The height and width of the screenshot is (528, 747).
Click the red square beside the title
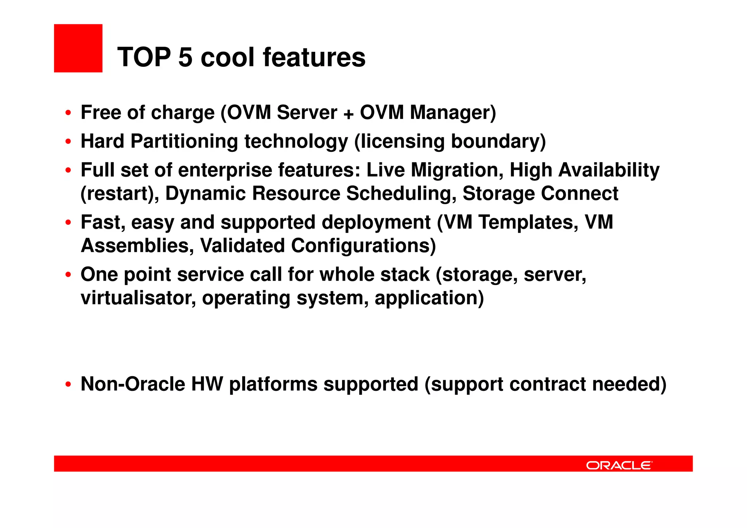[78, 48]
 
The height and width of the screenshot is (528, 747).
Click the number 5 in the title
[185, 58]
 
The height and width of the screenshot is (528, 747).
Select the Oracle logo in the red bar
[619, 465]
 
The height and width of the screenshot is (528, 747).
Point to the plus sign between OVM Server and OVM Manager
[348, 113]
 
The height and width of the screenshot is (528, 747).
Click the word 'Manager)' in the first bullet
[453, 112]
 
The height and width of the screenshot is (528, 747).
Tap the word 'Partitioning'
[184, 142]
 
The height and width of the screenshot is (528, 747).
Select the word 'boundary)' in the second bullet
[498, 142]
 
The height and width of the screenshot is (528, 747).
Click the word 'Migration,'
[457, 170]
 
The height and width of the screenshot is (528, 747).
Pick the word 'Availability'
[609, 170]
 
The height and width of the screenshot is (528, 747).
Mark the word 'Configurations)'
[363, 246]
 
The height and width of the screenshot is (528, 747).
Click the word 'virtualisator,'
[138, 298]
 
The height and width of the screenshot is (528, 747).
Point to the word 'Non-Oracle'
[133, 384]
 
